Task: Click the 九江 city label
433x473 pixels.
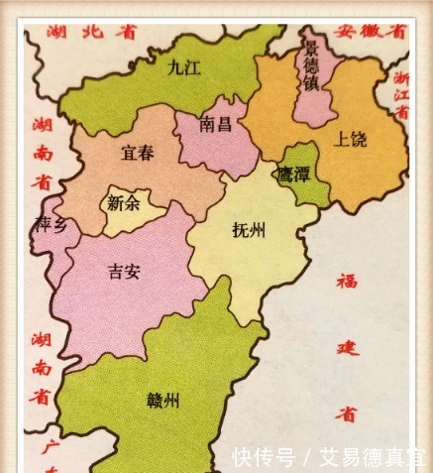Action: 183,67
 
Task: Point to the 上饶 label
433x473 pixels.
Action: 351,137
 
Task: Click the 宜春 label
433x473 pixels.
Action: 137,153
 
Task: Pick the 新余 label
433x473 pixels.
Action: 124,203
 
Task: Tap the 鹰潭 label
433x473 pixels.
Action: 294,172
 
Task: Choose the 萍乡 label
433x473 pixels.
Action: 51,225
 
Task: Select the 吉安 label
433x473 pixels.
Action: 125,271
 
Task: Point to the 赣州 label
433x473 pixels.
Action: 162,401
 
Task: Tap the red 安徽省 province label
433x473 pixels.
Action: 372,31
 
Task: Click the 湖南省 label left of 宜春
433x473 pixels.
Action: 41,153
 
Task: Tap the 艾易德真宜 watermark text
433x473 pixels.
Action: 372,457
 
